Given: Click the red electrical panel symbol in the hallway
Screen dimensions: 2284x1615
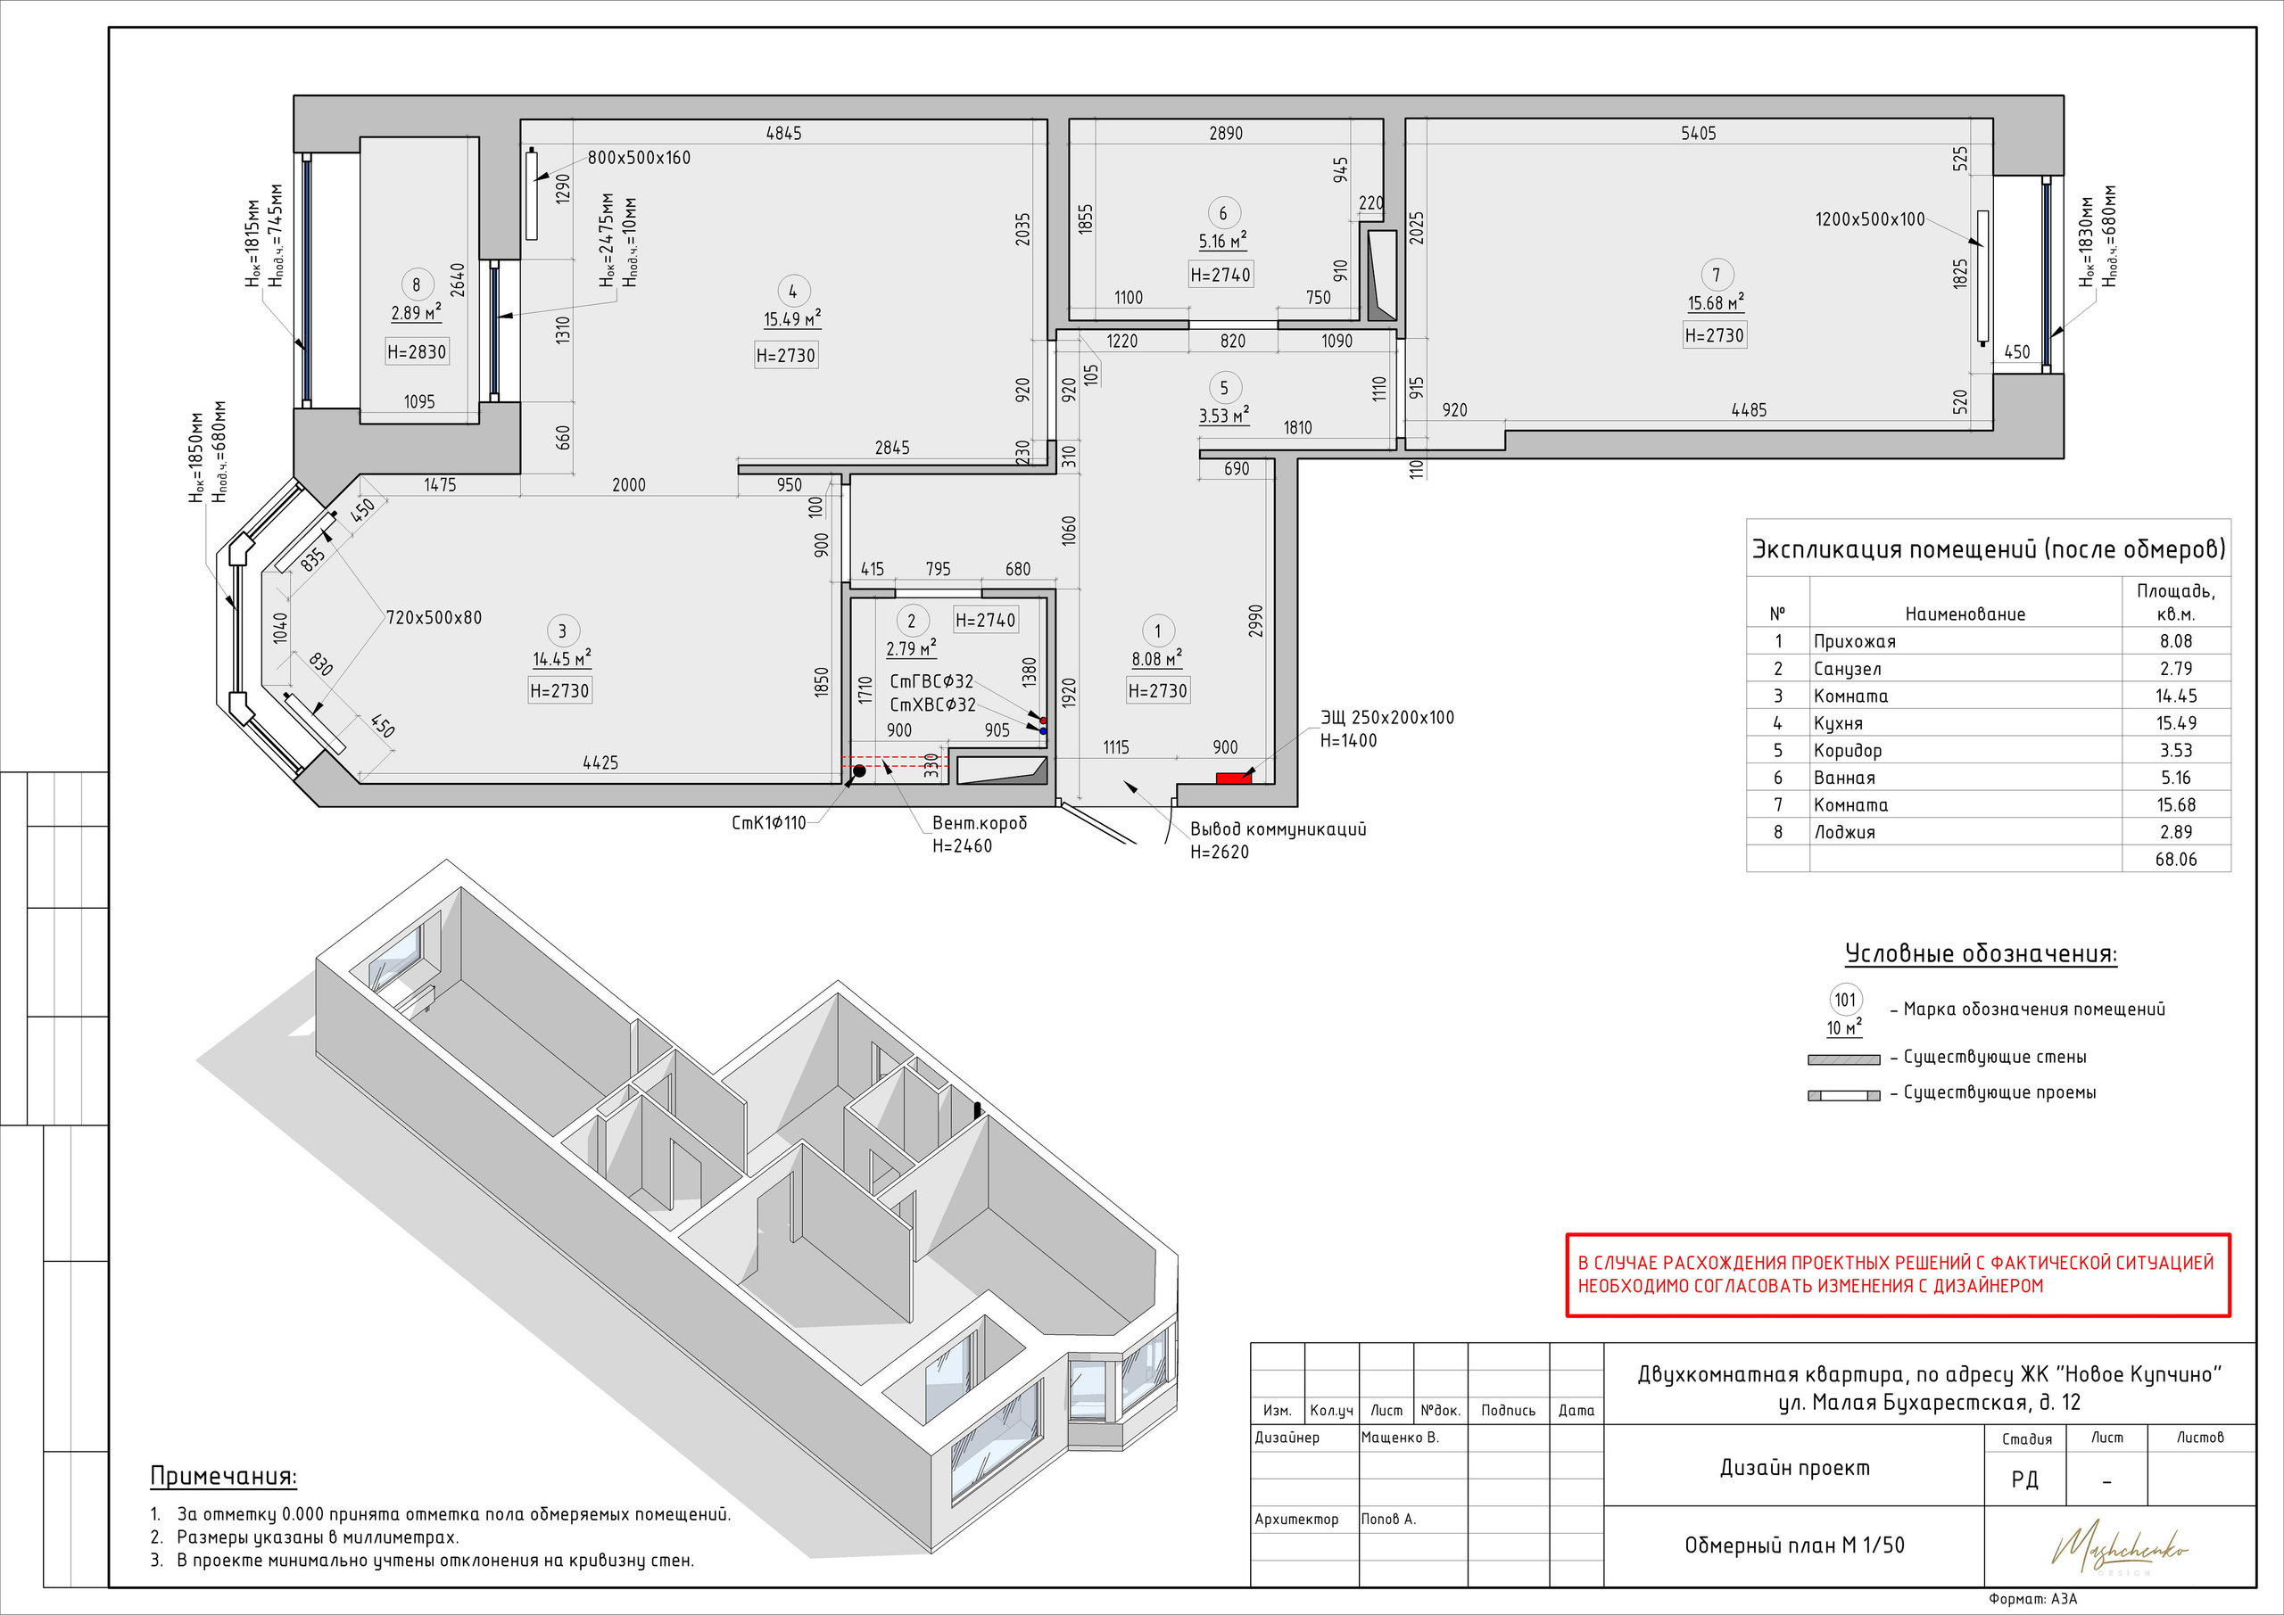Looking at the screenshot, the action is [1234, 778].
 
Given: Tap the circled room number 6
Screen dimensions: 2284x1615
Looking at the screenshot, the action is [1222, 213].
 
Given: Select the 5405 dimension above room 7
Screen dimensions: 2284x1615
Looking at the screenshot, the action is [1698, 133].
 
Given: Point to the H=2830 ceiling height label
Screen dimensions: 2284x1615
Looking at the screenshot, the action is [417, 351].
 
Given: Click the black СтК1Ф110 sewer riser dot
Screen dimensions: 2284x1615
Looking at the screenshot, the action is [859, 770].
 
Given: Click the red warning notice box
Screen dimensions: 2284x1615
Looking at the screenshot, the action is [1898, 1275].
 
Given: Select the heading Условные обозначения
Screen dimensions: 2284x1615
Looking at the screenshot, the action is [1981, 953].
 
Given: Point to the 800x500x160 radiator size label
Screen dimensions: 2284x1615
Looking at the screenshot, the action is [639, 158].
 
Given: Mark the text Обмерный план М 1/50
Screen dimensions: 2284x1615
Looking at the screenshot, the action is [1794, 1545].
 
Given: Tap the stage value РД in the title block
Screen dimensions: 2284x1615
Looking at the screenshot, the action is [2024, 1479].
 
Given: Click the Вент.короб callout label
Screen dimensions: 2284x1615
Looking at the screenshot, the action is [979, 823].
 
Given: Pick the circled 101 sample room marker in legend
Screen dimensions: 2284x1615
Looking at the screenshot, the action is [1845, 1001].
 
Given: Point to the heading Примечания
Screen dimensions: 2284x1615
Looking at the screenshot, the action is [224, 1476].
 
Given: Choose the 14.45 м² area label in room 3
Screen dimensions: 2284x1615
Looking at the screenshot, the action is [562, 658].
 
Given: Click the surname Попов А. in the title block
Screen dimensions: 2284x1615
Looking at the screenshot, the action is [1389, 1519].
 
